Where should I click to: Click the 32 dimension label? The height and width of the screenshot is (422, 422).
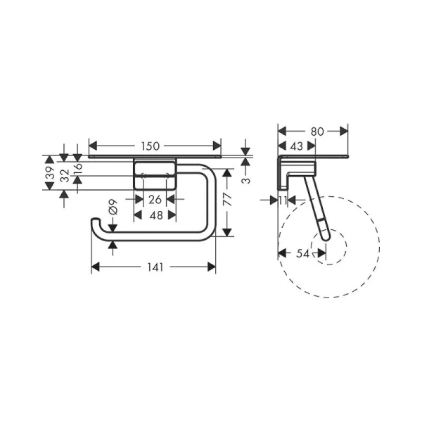click(64, 176)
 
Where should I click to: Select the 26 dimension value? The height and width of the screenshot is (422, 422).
click(155, 200)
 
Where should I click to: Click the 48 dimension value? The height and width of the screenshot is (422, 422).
click(155, 215)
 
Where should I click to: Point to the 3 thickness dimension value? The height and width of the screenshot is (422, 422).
click(245, 179)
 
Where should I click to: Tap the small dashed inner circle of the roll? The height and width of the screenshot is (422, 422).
click(336, 245)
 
